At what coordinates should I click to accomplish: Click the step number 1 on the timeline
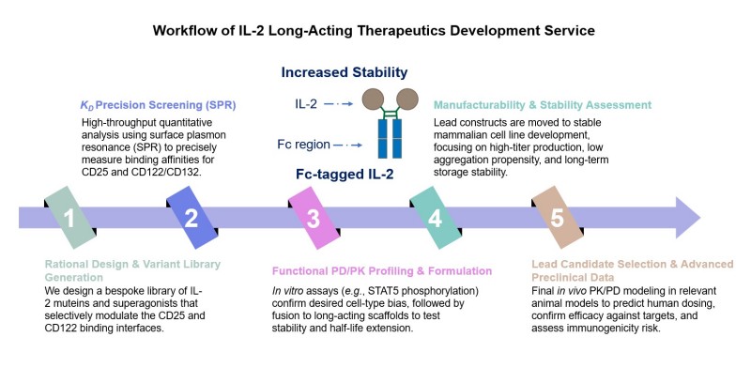coord(69,219)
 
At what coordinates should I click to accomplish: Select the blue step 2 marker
coord(192,219)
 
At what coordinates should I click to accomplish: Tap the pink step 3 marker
coord(313,219)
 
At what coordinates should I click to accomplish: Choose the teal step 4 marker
coord(435,219)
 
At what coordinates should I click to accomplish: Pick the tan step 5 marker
coord(556,219)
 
